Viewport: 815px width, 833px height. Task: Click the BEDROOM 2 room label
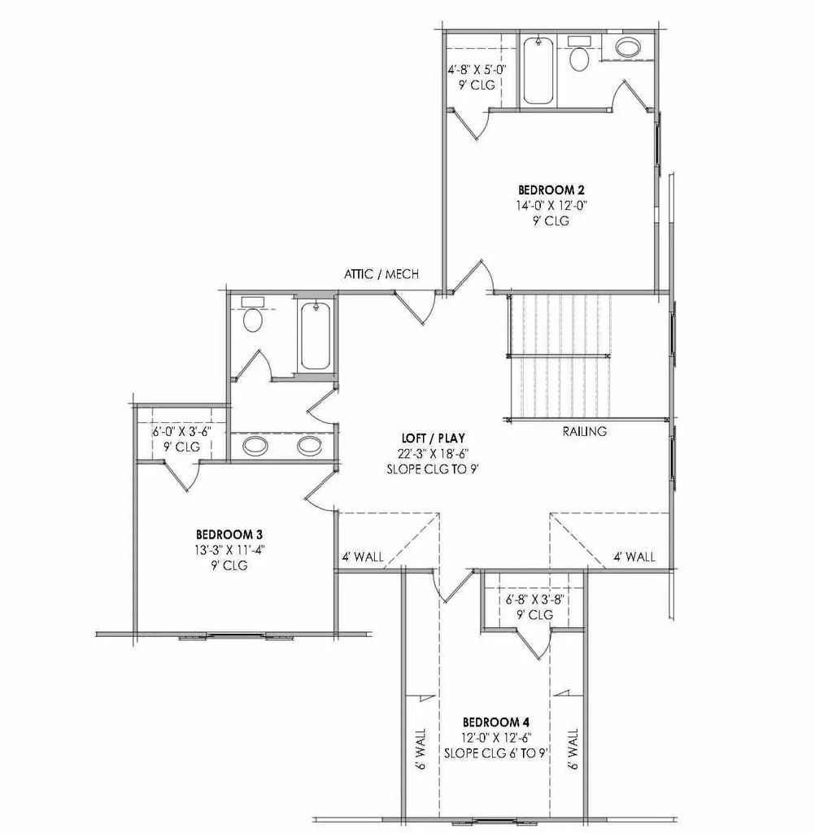pyautogui.click(x=551, y=190)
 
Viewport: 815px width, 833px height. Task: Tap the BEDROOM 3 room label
pyautogui.click(x=229, y=534)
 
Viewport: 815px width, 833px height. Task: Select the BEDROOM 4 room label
pyautogui.click(x=496, y=722)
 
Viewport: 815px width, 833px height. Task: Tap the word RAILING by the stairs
pyautogui.click(x=584, y=432)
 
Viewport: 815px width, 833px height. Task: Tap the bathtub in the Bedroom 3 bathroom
pyautogui.click(x=315, y=336)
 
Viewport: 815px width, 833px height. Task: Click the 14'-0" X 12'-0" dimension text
pyautogui.click(x=551, y=206)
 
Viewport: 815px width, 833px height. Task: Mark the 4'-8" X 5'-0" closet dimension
pyautogui.click(x=477, y=70)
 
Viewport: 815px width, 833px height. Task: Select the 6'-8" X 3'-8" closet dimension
pyautogui.click(x=534, y=600)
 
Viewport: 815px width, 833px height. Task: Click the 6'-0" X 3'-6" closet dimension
pyautogui.click(x=181, y=431)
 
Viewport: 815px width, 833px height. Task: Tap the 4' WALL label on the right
pyautogui.click(x=634, y=557)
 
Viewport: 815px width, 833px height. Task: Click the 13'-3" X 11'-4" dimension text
pyautogui.click(x=229, y=550)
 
